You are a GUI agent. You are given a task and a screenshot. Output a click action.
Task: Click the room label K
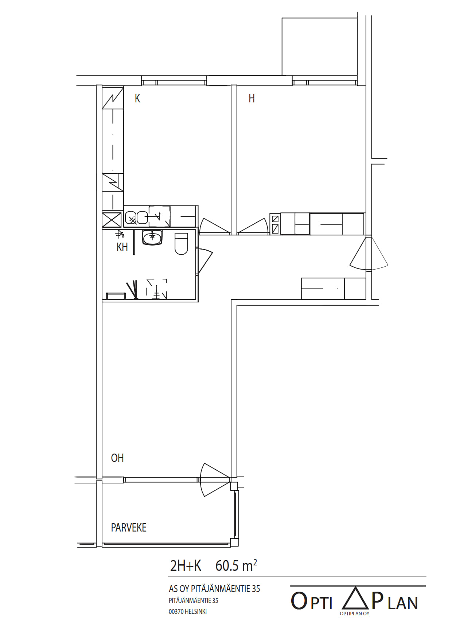pyautogui.click(x=137, y=98)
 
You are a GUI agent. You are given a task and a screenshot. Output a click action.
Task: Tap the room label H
pyautogui.click(x=252, y=98)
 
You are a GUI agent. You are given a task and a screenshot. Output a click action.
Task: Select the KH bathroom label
pyautogui.click(x=122, y=247)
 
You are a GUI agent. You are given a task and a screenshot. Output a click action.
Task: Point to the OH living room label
pyautogui.click(x=117, y=458)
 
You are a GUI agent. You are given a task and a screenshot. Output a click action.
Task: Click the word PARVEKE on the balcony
pyautogui.click(x=129, y=528)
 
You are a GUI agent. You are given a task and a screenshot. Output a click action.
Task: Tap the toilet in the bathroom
pyautogui.click(x=181, y=243)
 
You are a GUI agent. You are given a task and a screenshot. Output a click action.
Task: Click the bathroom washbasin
pyautogui.click(x=152, y=238)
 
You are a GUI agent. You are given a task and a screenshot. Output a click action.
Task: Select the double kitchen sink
pyautogui.click(x=137, y=218)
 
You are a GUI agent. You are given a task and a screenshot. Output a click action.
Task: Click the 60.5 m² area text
pyautogui.click(x=236, y=566)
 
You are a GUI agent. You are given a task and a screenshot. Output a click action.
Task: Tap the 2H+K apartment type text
pyautogui.click(x=186, y=566)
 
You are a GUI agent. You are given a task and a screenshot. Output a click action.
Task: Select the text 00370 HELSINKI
pyautogui.click(x=188, y=612)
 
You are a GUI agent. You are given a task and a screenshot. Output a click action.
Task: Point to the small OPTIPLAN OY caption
pyautogui.click(x=355, y=613)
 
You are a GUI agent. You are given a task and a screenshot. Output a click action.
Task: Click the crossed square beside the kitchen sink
pyautogui.click(x=112, y=220)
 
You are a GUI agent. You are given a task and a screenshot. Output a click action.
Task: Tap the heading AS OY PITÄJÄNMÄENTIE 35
pyautogui.click(x=214, y=589)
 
